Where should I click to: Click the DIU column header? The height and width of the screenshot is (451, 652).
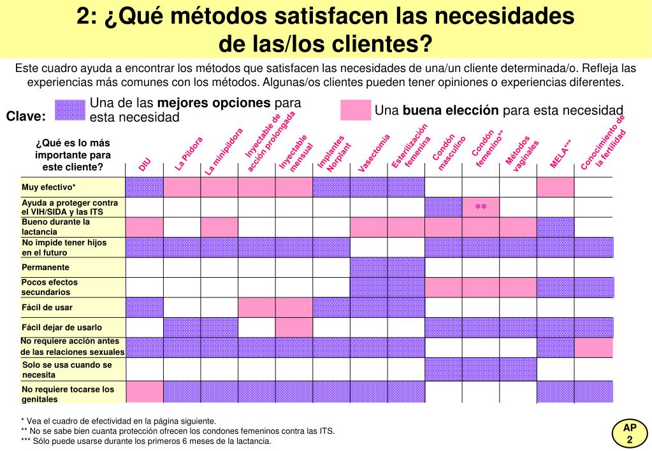[144, 166]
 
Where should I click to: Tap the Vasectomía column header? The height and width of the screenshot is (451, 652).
[373, 153]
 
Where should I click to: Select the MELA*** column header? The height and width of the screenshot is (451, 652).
[560, 154]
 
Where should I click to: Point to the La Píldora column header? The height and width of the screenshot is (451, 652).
[189, 154]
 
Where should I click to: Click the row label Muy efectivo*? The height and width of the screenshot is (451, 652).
[48, 187]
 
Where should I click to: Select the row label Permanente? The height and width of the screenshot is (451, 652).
[45, 268]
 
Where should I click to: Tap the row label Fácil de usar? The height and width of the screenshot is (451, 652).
[47, 308]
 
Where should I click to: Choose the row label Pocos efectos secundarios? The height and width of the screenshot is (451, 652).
[50, 287]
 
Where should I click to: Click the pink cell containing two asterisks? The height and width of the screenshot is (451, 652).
[481, 207]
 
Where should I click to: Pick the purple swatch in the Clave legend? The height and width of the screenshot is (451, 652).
[70, 111]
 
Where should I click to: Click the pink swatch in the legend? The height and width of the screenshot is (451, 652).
[356, 110]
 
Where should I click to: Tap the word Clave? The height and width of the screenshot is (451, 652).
[25, 116]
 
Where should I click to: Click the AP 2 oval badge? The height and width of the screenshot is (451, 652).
[630, 434]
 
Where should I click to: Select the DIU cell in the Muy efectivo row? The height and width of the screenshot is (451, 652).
[144, 187]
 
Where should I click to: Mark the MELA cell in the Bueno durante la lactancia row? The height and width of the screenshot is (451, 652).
[556, 227]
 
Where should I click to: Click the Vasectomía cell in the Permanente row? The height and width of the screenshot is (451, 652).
[369, 268]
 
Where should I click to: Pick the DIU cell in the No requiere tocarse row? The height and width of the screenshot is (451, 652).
[145, 392]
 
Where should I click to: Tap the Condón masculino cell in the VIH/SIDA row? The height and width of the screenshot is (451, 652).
[443, 207]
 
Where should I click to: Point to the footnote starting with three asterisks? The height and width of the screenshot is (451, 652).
[146, 441]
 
